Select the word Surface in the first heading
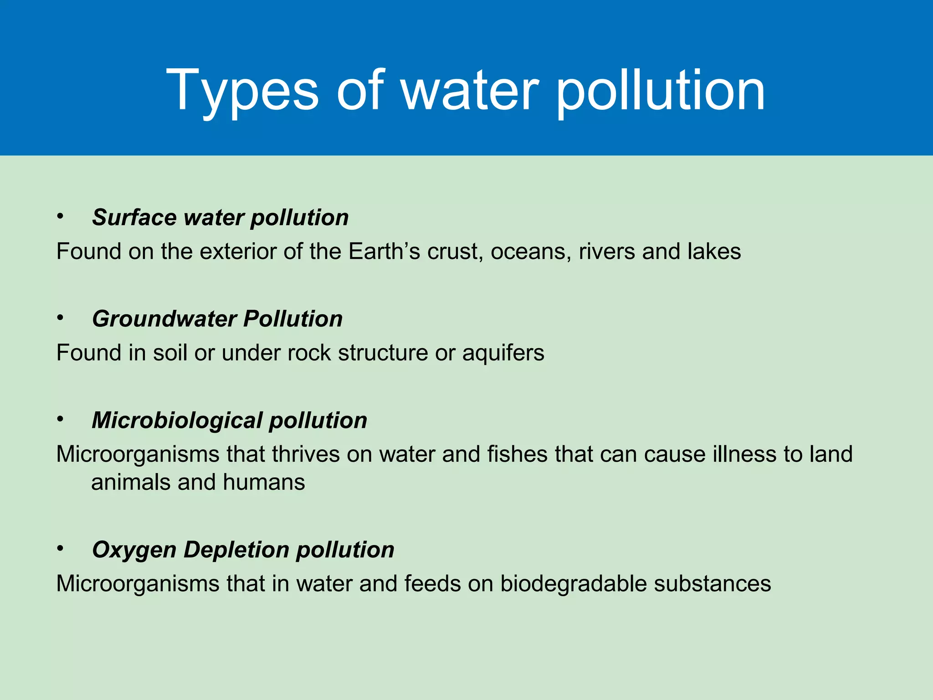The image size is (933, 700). pyautogui.click(x=134, y=217)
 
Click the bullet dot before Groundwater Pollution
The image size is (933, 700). pyautogui.click(x=60, y=318)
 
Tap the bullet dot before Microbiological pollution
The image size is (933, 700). pyautogui.click(x=60, y=419)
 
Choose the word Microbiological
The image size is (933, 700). pyautogui.click(x=177, y=420)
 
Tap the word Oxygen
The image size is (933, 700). pyautogui.click(x=134, y=550)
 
